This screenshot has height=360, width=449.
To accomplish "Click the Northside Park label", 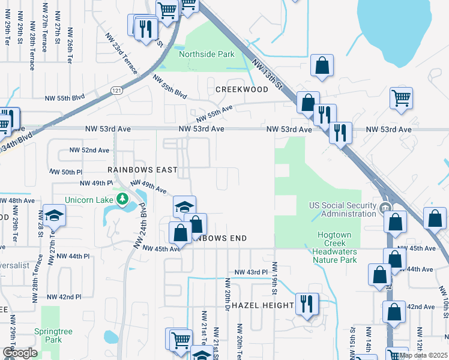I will click(207, 54).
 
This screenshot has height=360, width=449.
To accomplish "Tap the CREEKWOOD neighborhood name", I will click(241, 89).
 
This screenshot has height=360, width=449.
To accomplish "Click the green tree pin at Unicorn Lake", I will click(122, 199).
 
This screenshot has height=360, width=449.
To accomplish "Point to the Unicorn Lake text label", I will click(91, 199).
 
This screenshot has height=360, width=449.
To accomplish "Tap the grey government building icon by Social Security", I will click(387, 209).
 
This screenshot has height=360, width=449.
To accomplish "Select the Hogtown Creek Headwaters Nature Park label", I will click(336, 247).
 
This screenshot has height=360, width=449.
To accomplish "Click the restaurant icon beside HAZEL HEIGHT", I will click(306, 304).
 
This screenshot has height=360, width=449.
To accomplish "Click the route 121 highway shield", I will click(115, 89).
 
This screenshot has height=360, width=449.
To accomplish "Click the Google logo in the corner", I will click(20, 353).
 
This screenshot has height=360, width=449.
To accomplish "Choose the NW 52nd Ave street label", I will click(89, 150).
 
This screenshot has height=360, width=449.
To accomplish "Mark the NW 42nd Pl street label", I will click(63, 296).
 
